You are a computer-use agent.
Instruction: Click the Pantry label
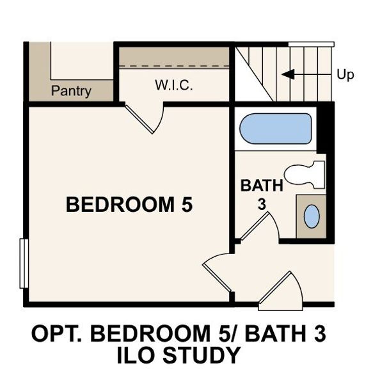[x=72, y=91]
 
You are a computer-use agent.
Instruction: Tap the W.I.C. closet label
[x=173, y=86]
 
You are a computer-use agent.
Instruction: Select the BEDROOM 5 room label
[x=129, y=205]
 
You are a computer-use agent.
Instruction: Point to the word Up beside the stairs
[x=345, y=75]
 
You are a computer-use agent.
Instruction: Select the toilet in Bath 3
[x=305, y=174]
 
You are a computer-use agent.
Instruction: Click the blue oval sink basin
[x=312, y=216]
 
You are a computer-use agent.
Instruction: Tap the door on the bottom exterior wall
[x=282, y=292]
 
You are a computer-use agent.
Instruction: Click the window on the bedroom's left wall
[x=23, y=263]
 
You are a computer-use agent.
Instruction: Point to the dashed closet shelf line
[x=175, y=65]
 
